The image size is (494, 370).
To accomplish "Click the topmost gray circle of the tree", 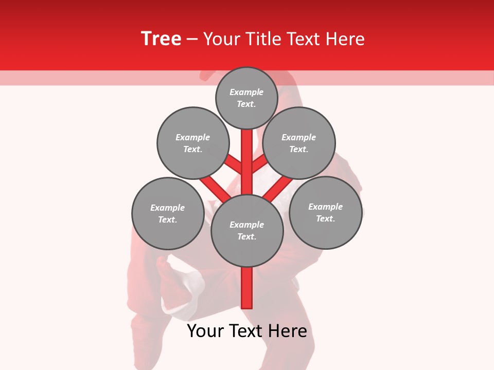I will point(246,98).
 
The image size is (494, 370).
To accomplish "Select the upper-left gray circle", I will point(192,143).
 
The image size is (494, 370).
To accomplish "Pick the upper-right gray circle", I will point(299,143).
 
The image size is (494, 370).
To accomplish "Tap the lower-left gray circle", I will point(168,213).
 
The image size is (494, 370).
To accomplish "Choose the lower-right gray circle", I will point(325,212).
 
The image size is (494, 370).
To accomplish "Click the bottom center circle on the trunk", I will point(247,231).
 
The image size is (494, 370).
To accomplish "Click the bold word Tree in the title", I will point(161,39).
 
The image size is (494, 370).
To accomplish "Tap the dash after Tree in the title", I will point(192,40).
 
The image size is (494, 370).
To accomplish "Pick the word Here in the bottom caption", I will point(288,331).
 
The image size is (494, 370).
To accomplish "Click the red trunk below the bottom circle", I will point(247,288).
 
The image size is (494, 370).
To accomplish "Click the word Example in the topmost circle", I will point(246,92).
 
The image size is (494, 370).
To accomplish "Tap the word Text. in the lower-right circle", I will point(325,218).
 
